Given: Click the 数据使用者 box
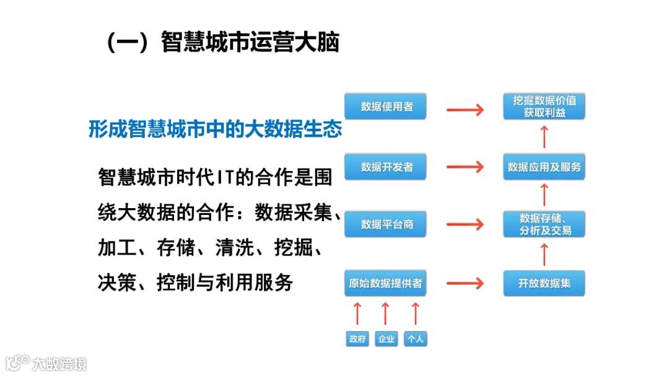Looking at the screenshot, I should click(x=386, y=107).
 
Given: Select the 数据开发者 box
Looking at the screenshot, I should click(x=386, y=167).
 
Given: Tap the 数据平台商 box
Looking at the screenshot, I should click(x=386, y=224).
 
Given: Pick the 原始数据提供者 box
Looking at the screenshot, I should click(x=386, y=283).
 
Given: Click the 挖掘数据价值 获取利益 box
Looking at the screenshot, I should click(x=544, y=107).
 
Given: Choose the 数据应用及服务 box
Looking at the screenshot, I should click(x=544, y=167).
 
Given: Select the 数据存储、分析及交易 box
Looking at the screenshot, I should click(x=544, y=224).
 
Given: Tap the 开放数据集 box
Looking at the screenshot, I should click(x=544, y=283).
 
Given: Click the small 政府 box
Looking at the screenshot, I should click(x=357, y=339).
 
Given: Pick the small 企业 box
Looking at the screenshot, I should click(x=386, y=339).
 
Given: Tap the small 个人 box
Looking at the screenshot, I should click(x=416, y=339).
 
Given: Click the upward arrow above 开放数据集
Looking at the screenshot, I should click(x=544, y=254).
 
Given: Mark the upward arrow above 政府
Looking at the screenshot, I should click(x=357, y=313).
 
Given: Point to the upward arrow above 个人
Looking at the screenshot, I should click(x=416, y=313).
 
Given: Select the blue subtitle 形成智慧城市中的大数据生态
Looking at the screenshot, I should click(x=215, y=129).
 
